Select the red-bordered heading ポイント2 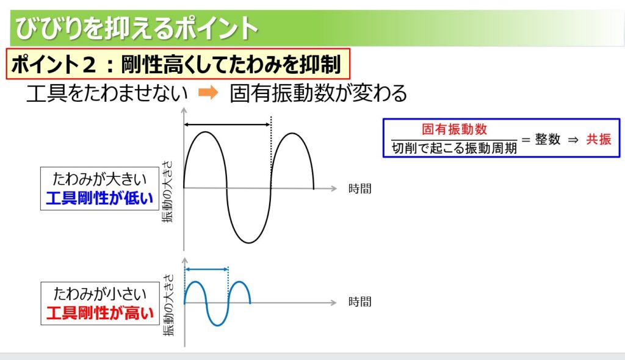[178, 64]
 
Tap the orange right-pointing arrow [208, 93]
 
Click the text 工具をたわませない [107, 93]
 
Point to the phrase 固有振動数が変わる [318, 93]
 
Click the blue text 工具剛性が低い [99, 198]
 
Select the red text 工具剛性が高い [99, 313]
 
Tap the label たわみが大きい [99, 179]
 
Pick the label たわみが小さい [99, 294]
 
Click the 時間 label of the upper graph [360, 189]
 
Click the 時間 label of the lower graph [360, 302]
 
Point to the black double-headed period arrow [227, 125]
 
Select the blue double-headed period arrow [206, 270]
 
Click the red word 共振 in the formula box [598, 139]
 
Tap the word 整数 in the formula [547, 139]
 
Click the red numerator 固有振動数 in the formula [454, 129]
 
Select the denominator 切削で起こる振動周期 [454, 148]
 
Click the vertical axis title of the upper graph [168, 192]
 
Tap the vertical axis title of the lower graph [168, 305]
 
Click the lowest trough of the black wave [249, 242]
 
